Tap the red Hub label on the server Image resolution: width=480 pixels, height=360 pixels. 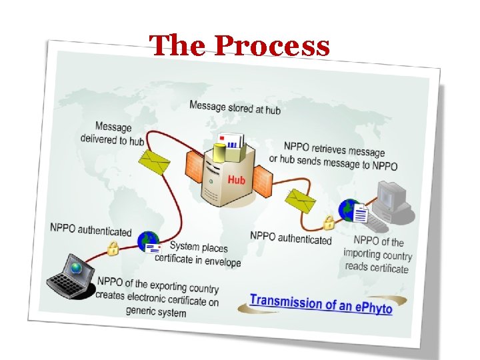(x=236, y=180)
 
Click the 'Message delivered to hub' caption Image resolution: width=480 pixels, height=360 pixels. (x=112, y=133)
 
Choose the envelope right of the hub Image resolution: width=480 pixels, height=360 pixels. (x=301, y=199)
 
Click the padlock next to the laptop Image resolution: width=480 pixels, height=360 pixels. (x=113, y=249)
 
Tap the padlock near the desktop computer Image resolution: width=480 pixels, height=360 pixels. (x=329, y=221)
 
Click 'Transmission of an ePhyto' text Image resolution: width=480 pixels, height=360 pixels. (x=321, y=303)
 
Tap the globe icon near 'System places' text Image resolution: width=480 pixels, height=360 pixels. (x=147, y=240)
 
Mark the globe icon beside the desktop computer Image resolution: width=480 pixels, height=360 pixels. (x=349, y=209)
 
